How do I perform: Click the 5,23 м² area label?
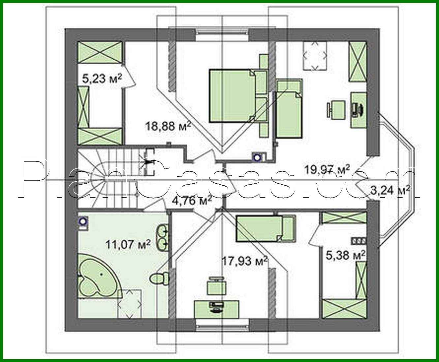[x=102, y=78]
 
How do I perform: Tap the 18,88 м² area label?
[x=168, y=126]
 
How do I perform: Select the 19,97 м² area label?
[x=327, y=170]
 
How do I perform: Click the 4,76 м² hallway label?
[x=191, y=200]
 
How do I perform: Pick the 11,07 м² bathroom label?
[x=128, y=244]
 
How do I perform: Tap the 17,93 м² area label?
[x=244, y=261]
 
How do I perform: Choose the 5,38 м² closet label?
[x=345, y=255]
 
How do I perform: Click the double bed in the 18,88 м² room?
[x=233, y=96]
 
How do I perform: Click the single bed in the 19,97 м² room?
[x=289, y=109]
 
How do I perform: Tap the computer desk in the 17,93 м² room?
[x=216, y=309]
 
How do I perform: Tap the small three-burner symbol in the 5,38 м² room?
[x=359, y=241]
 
